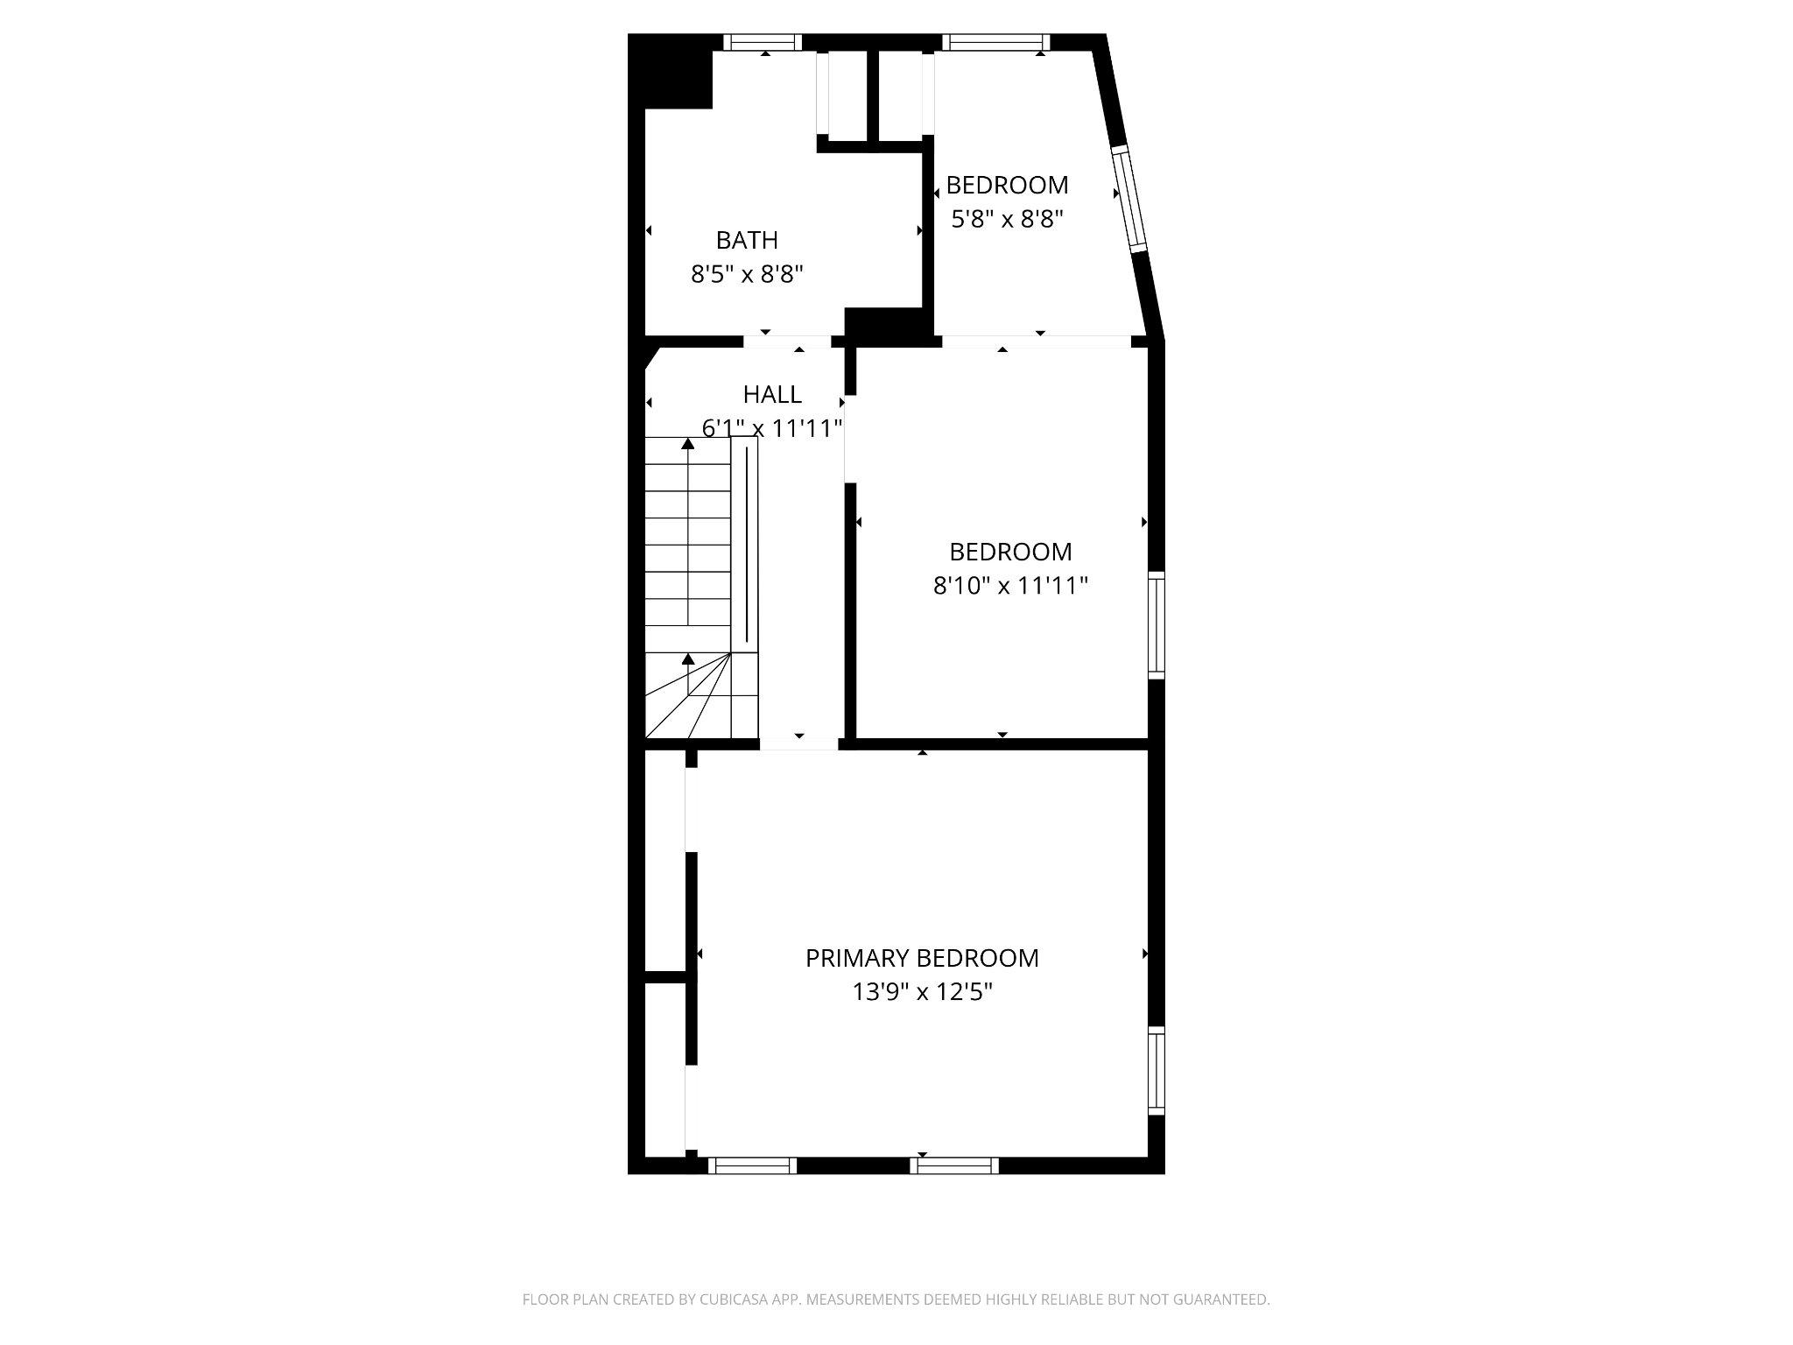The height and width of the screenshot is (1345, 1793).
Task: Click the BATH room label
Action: tap(747, 240)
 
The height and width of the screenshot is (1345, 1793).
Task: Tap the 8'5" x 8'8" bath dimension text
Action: tap(747, 275)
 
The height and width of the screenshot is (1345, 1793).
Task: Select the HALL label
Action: tap(772, 395)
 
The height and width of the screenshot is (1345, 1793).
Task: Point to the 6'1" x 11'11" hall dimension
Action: tap(772, 428)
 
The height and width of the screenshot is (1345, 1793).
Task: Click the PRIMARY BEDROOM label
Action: tap(922, 958)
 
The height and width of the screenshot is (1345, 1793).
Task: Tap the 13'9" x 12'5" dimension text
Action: tap(922, 992)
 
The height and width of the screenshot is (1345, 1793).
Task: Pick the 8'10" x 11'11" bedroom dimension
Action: tap(1010, 585)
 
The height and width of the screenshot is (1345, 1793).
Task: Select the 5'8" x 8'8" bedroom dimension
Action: tap(1007, 219)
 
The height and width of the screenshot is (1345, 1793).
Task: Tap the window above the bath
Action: tap(763, 41)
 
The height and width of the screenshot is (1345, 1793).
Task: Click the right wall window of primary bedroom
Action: tap(1157, 1070)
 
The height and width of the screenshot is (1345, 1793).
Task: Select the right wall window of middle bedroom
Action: tap(1157, 624)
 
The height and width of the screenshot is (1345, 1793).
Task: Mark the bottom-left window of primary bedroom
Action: tap(752, 1165)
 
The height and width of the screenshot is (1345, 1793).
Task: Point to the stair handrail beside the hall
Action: tap(745, 543)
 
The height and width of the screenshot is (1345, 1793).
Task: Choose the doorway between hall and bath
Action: tap(786, 342)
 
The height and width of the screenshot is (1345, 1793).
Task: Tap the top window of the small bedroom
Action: tap(995, 41)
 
